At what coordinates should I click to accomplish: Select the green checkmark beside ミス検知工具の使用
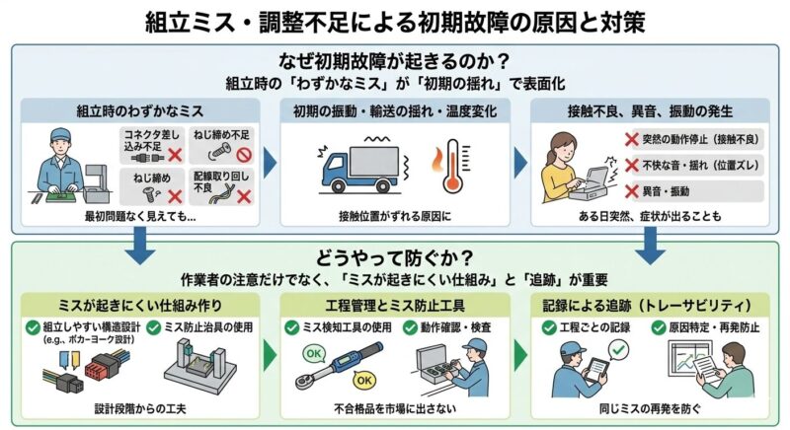tap(292, 326)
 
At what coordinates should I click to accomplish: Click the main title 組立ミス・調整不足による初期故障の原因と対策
tap(395, 21)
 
